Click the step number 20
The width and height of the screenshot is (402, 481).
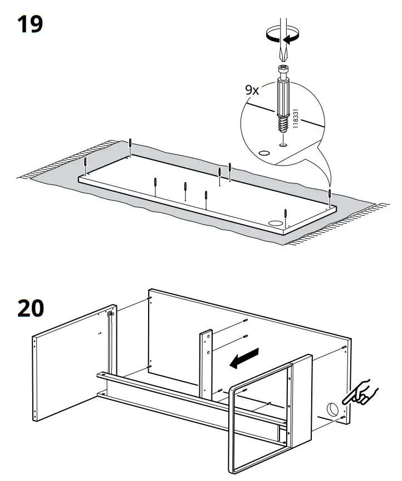(31, 308)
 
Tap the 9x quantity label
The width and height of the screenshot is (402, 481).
(252, 90)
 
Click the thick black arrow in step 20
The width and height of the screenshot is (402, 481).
(246, 358)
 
